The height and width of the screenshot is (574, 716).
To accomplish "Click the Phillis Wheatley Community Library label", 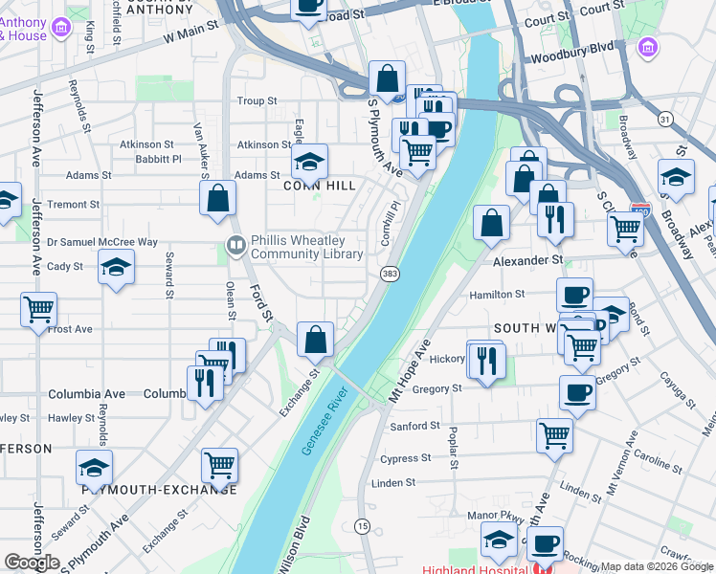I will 306,248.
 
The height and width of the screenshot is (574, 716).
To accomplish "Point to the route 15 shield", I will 362,526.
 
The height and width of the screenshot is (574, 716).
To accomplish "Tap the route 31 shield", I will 664,119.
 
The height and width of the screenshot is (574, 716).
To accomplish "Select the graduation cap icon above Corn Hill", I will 309,162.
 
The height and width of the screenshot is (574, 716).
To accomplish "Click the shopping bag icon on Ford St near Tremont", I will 218,198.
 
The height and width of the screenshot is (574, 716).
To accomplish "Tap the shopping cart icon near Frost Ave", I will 39,310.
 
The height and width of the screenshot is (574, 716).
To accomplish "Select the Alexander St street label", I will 528,259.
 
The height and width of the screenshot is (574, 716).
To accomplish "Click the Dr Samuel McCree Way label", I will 102,242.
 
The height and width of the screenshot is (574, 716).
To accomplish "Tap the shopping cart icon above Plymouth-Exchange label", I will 219,466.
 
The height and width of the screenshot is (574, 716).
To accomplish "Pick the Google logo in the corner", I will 32,562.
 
